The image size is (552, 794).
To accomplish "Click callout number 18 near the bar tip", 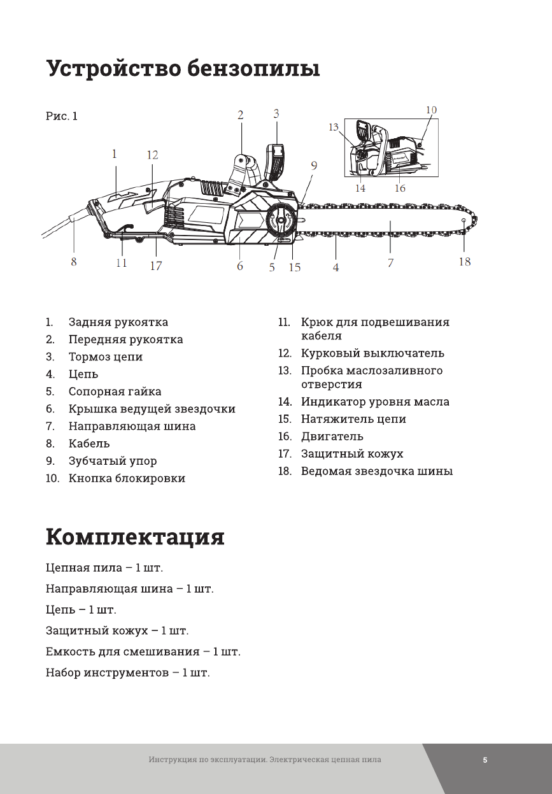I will point(465,261).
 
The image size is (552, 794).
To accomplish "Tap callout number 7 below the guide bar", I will point(390,262).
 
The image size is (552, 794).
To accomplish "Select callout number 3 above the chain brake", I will point(276,114).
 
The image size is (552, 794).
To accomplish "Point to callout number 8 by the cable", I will point(74,262).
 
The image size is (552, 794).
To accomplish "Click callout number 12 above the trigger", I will point(152,155).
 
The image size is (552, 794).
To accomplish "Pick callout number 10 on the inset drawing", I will point(431,110).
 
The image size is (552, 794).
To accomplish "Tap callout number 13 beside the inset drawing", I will point(334,127).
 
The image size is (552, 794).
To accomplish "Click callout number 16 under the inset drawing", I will point(400,188).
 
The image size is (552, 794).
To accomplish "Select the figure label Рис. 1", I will point(62,116).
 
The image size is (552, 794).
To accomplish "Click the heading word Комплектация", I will point(135,537).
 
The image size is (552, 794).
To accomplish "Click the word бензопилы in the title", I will point(253,68).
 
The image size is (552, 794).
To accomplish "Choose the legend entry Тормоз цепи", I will point(106,357).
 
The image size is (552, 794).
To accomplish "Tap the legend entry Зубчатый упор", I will point(113,460).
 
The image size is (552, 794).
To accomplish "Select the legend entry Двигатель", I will point(332,436).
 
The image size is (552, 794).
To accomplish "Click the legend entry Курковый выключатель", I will point(372,353).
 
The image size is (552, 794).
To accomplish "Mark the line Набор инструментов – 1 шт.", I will point(127,672).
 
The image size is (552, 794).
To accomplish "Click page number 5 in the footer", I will point(485,760).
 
